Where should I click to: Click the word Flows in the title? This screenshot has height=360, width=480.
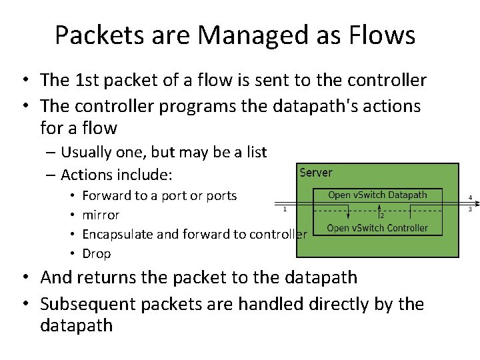tap(383, 35)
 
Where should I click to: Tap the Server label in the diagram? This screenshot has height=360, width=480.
tap(315, 173)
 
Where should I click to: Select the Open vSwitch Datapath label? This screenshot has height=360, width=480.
tap(377, 195)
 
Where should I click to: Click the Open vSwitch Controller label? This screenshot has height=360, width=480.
tap(377, 228)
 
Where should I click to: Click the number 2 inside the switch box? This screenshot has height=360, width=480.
tap(382, 215)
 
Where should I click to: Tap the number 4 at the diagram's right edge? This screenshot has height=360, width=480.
tap(470, 198)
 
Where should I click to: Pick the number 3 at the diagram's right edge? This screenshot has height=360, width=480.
tap(470, 209)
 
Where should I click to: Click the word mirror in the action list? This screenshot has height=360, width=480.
tap(101, 215)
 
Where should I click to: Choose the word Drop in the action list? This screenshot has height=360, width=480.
tap(96, 253)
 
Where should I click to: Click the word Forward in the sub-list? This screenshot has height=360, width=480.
tap(106, 195)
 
